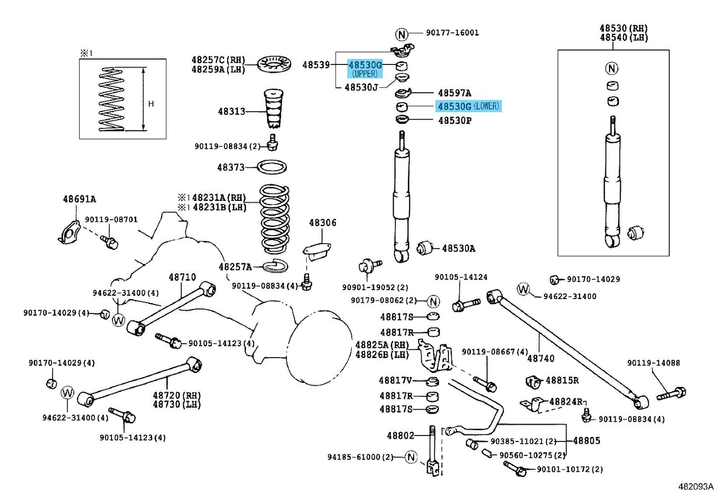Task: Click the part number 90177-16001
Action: coord(452,33)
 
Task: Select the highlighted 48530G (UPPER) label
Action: coord(365,69)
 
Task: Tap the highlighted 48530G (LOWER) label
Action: coord(468,106)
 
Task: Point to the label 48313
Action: coord(231,112)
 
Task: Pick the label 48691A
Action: coord(79,199)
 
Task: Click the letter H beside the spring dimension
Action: coord(151,104)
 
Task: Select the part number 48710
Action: coord(182,277)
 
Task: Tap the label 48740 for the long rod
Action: coord(541,359)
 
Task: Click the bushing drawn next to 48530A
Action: coord(424,247)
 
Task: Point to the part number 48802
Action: coord(400,435)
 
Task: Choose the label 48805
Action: coord(587,440)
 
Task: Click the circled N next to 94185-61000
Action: coord(411,457)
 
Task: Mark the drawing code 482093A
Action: coord(696,487)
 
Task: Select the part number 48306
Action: coord(323,223)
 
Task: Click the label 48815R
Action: coord(562,380)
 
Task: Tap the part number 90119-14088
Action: coord(654,363)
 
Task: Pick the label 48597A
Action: coord(454,93)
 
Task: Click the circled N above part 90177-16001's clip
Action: coord(402,34)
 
